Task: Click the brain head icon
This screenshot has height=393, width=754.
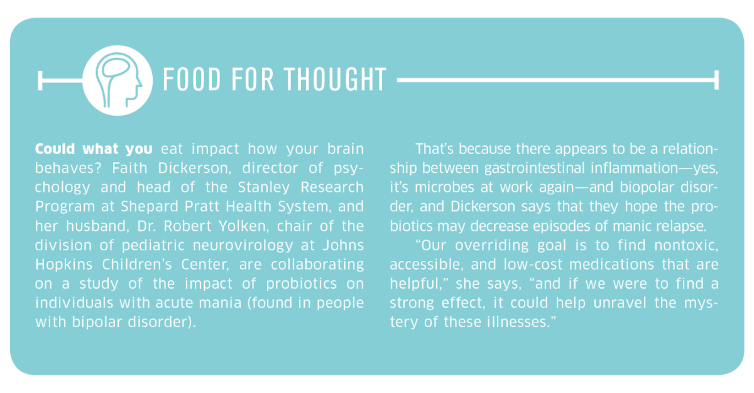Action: (117, 80)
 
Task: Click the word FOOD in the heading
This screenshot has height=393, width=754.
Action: (192, 79)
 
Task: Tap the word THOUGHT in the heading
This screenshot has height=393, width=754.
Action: (336, 79)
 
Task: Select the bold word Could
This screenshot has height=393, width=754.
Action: (55, 149)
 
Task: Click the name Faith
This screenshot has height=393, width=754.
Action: (129, 168)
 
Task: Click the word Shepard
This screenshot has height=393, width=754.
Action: (150, 207)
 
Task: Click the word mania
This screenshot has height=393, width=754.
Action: (221, 303)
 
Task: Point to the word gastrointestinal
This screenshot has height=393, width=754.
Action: (535, 169)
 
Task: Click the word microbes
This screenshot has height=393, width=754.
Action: (444, 187)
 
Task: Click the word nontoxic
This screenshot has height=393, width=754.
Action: (686, 245)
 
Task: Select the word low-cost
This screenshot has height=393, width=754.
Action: (533, 265)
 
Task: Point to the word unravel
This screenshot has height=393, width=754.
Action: (620, 303)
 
